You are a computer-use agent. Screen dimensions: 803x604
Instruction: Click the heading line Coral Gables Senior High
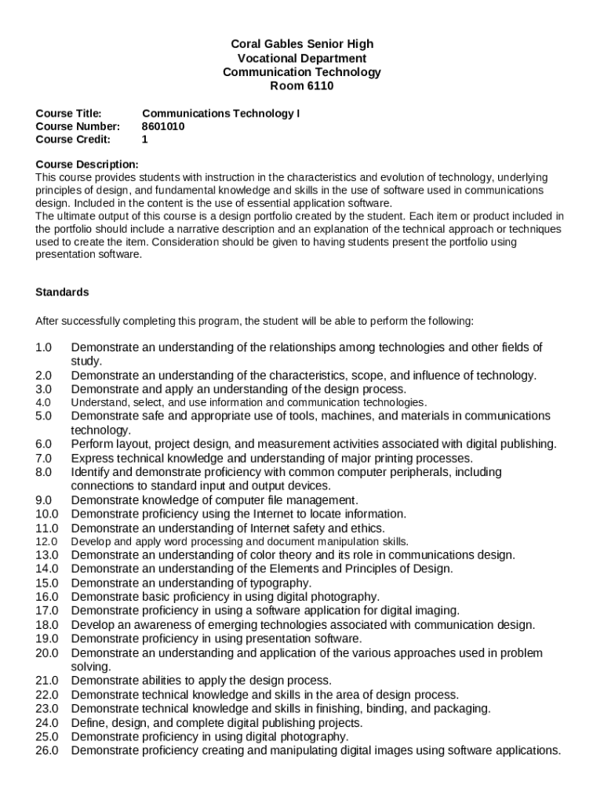[x=301, y=44]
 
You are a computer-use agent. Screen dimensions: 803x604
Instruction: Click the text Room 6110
[x=301, y=86]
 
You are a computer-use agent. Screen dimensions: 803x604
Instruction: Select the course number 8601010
[x=163, y=126]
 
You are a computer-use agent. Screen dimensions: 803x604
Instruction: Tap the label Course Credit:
[x=74, y=140]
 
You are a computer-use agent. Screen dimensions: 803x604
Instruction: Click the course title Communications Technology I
[x=220, y=113]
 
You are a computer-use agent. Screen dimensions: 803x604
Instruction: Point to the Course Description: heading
[x=87, y=164]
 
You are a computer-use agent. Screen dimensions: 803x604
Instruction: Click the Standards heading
[x=63, y=292]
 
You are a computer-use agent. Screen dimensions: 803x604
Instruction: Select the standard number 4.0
[x=43, y=402]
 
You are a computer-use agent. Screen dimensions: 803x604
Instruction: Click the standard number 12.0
[x=47, y=542]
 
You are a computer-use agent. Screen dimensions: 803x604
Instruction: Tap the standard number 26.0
[x=47, y=750]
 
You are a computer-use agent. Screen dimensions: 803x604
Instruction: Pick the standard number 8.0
[x=43, y=472]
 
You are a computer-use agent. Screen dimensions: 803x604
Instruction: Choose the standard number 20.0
[x=47, y=652]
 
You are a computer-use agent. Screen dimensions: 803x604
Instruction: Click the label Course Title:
[x=69, y=113]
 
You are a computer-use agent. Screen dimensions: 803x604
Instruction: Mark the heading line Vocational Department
[x=301, y=58]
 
